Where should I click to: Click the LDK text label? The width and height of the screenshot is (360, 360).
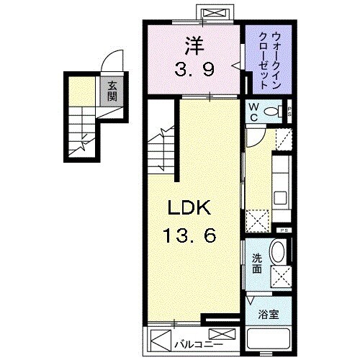[189, 208]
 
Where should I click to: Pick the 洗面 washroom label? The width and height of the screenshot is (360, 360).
[256, 264]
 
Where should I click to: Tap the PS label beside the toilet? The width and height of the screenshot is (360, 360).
[288, 112]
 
